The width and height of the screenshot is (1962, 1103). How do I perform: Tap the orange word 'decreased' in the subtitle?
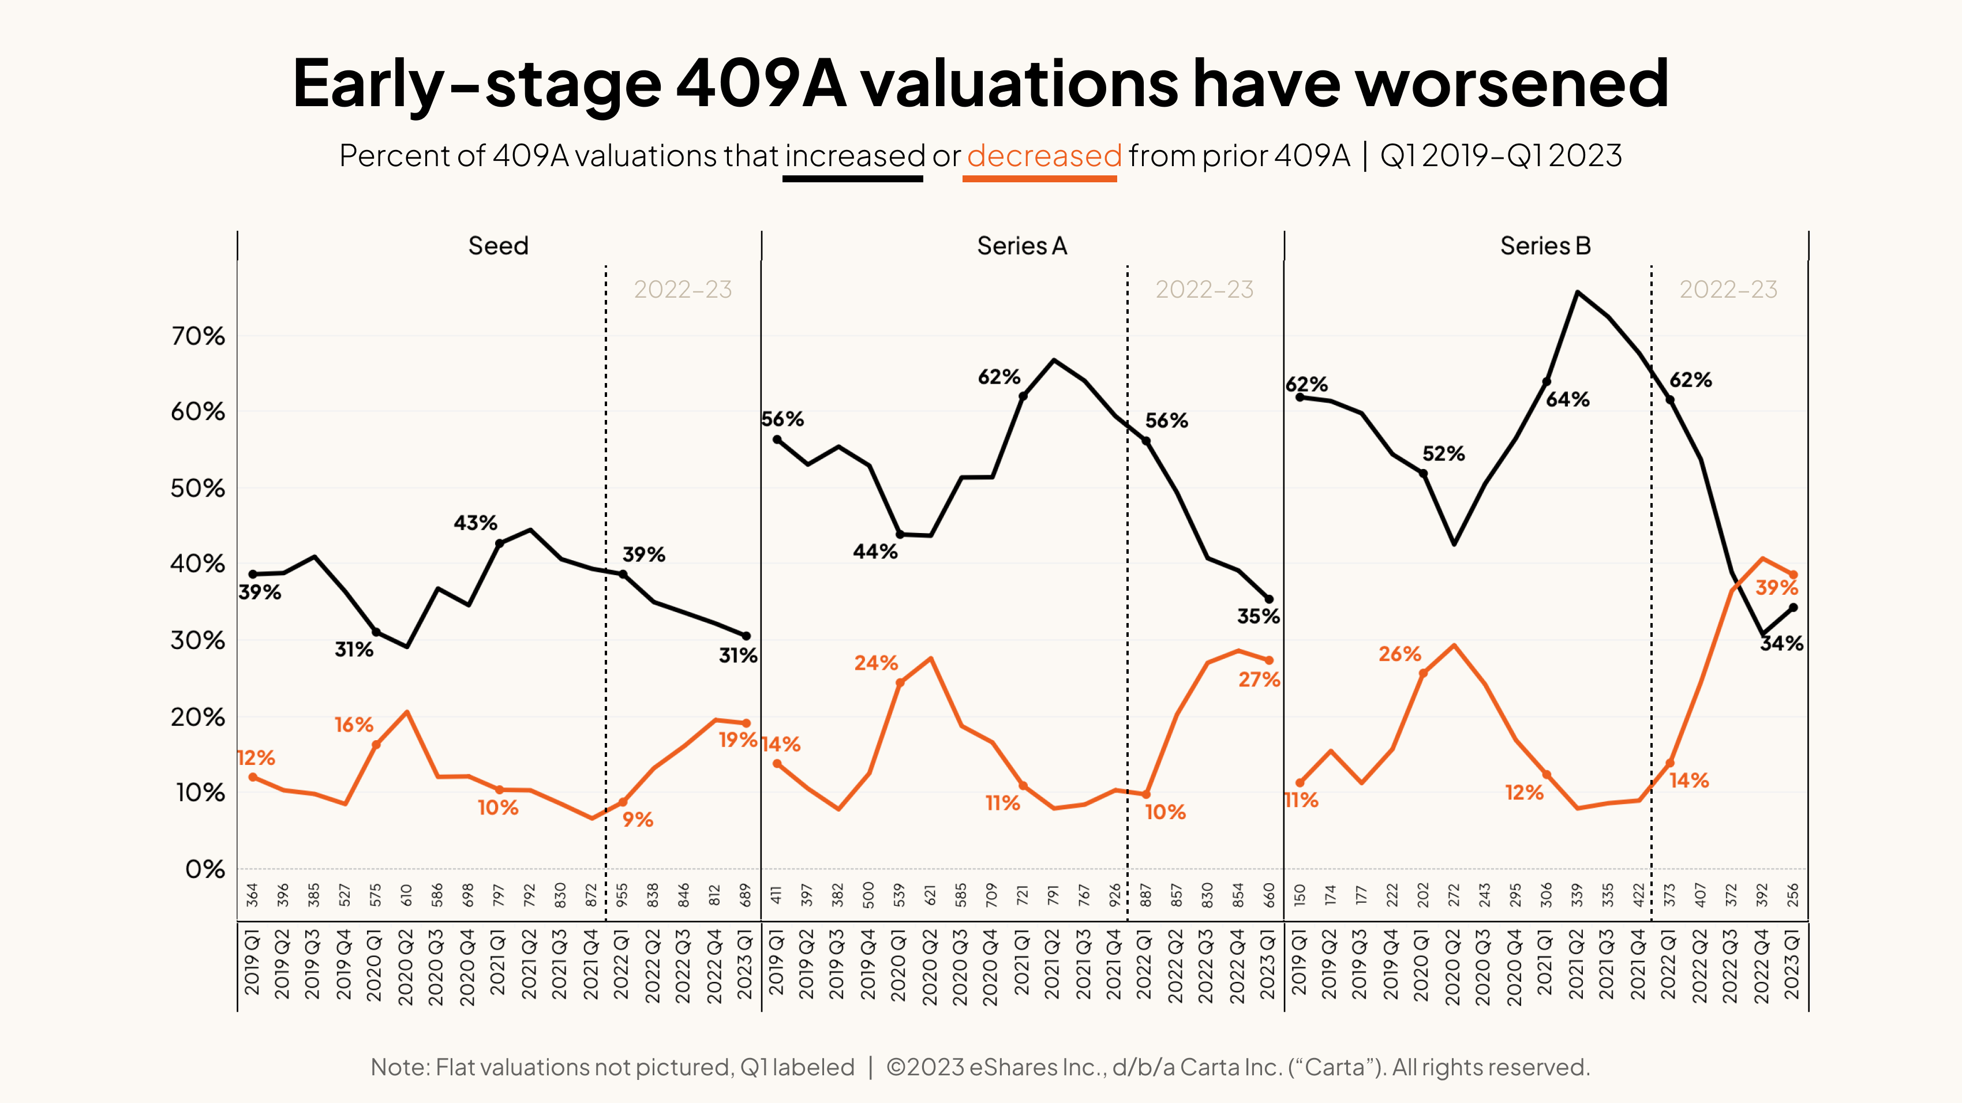click(1043, 156)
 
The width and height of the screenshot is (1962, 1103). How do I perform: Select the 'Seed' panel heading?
click(498, 246)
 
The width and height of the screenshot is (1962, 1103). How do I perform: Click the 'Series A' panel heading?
click(1021, 246)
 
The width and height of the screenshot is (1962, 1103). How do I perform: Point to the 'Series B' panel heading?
click(1545, 246)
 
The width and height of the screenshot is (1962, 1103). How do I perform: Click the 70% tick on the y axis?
click(197, 336)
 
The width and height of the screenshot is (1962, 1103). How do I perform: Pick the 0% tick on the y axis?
click(204, 869)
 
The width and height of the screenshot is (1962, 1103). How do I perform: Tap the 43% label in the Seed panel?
click(475, 523)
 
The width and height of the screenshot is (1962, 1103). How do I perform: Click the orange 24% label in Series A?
click(876, 663)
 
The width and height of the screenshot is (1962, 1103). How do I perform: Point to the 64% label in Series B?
click(1567, 400)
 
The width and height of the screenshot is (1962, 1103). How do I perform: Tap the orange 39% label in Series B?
click(1776, 588)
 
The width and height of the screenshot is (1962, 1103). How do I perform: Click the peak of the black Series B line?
click(1577, 292)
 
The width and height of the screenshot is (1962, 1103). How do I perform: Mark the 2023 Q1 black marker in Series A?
click(1269, 599)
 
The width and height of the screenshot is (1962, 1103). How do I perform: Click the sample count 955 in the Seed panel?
click(622, 894)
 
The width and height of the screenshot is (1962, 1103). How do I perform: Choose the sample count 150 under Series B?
click(1300, 894)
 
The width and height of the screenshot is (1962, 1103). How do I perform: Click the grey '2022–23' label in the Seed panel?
click(683, 289)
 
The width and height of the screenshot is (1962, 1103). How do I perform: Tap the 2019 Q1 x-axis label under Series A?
click(776, 963)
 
